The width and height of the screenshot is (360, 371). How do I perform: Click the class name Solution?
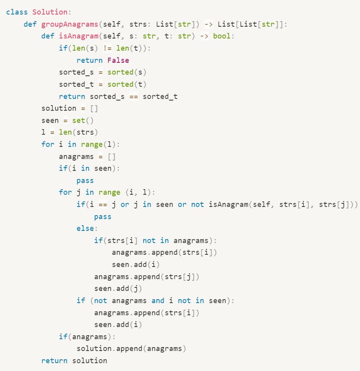(x=50, y=12)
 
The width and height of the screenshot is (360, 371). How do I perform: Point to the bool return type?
(x=222, y=36)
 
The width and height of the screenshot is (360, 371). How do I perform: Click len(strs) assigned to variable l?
(x=79, y=133)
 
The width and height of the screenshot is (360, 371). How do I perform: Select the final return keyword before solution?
(x=54, y=361)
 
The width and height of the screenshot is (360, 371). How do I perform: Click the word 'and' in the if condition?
(x=158, y=300)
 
